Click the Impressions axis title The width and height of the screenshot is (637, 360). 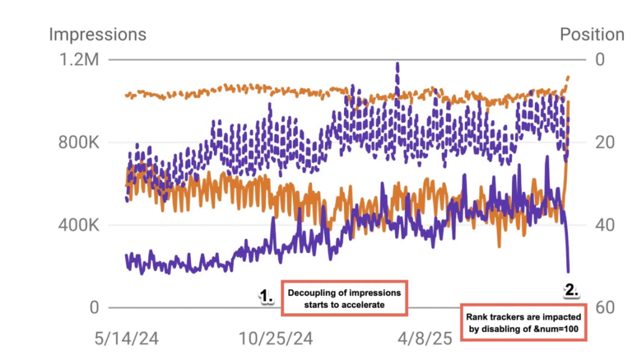(x=98, y=34)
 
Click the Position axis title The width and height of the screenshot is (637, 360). (x=592, y=34)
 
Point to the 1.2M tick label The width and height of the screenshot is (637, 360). (x=80, y=60)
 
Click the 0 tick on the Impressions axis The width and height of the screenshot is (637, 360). (x=93, y=308)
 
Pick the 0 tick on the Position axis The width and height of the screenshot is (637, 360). (x=600, y=60)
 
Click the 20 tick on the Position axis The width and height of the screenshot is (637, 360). (x=603, y=142)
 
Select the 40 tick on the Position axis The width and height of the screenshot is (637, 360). (x=603, y=225)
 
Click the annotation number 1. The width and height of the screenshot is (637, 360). (x=266, y=298)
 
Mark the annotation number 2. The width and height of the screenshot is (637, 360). (x=571, y=289)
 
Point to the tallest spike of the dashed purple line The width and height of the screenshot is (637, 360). (x=397, y=64)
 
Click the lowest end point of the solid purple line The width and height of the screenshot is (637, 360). (x=567, y=271)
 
